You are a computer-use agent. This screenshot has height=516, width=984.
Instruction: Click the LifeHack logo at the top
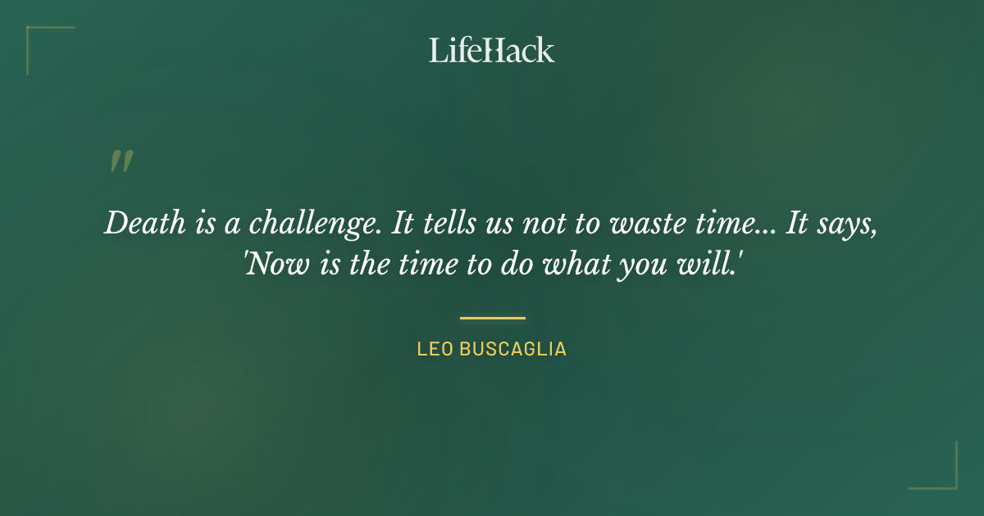point(492,50)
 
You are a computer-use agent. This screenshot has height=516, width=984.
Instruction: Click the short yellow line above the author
point(492,318)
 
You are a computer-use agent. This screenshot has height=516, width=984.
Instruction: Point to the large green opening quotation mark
point(121,161)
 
